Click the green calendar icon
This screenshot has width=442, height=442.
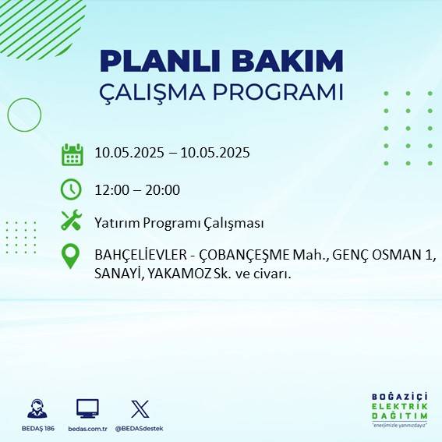pos(72,154)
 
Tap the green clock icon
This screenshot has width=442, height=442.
pos(71,189)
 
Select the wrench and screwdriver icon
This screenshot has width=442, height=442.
pos(72,221)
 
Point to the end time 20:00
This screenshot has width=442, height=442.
pos(163,189)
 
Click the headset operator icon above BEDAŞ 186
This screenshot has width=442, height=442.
pos(37,408)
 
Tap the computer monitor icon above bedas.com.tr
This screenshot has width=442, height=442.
pos(87,408)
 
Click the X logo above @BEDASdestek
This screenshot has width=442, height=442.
pos(140,408)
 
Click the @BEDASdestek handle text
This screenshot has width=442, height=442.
pos(140,429)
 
